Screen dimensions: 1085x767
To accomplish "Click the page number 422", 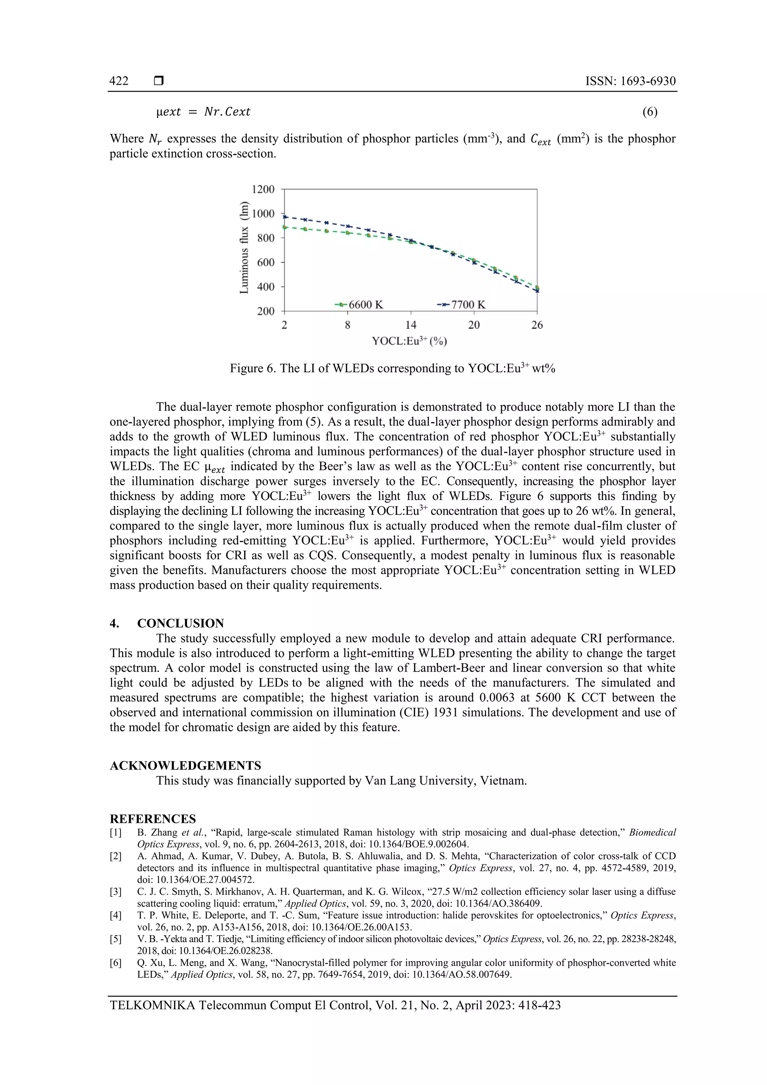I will (x=119, y=81).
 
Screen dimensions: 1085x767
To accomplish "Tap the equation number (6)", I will (x=650, y=112).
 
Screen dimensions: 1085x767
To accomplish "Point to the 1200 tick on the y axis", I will (x=263, y=190).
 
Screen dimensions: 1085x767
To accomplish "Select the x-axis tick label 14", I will (x=411, y=325).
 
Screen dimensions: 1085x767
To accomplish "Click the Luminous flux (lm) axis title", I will (x=244, y=247).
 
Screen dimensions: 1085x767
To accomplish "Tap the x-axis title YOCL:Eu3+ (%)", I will (x=409, y=341).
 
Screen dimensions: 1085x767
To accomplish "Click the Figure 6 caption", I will (x=392, y=368).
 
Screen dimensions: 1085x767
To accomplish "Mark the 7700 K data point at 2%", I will (x=285, y=217).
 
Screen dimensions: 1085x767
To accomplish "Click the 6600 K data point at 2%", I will (x=285, y=227).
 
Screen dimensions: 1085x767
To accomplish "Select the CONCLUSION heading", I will (x=181, y=623).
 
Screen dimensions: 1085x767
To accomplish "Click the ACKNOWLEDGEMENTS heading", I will (x=185, y=766).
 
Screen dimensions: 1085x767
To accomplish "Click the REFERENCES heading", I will (x=153, y=819).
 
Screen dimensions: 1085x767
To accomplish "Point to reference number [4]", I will (x=116, y=915).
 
